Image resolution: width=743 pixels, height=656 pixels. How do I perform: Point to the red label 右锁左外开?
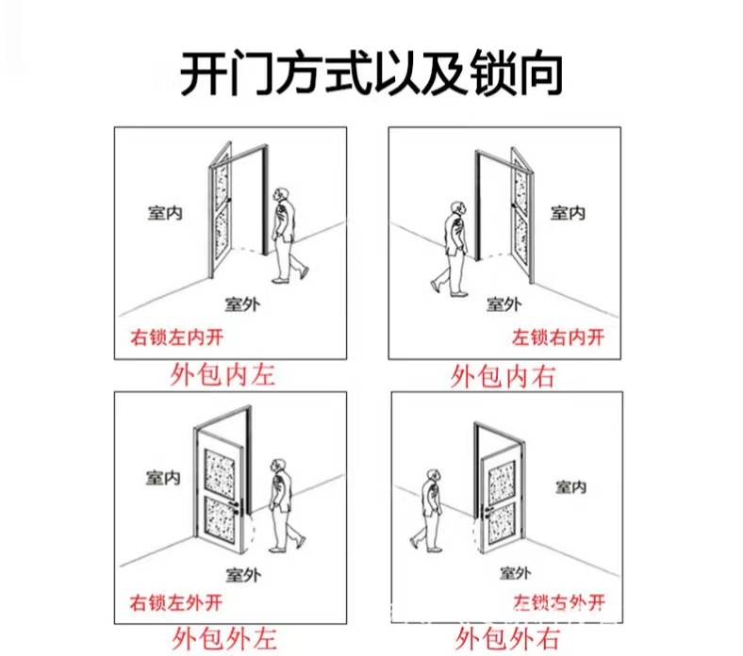(x=177, y=602)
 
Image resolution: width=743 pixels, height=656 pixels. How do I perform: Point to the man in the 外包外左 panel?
(x=281, y=504)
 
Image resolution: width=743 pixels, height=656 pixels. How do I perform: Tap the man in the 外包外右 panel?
(x=429, y=510)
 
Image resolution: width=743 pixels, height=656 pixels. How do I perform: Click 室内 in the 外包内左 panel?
(x=164, y=212)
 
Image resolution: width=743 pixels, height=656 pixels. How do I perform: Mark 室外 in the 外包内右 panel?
(x=504, y=303)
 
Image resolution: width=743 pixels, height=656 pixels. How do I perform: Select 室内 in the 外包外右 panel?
(x=570, y=486)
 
